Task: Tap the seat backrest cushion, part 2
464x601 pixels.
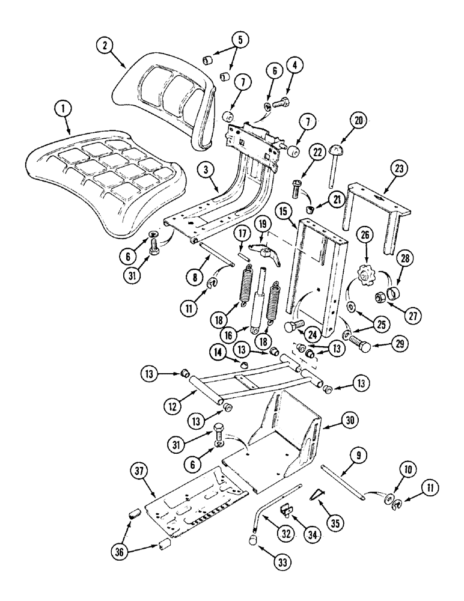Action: pos(162,96)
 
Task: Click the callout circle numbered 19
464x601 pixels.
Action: pos(261,225)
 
